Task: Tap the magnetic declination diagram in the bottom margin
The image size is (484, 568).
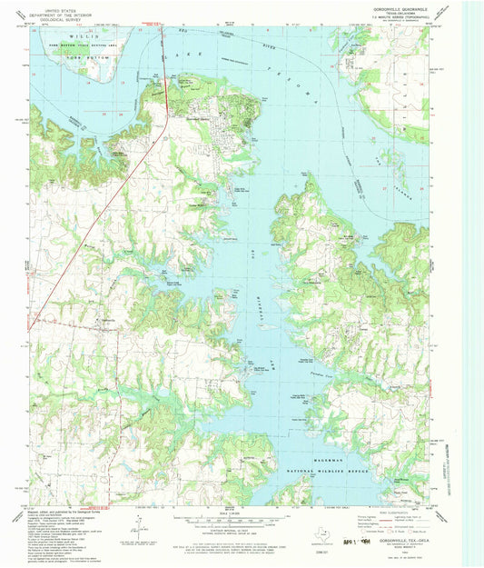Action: [136, 523]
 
